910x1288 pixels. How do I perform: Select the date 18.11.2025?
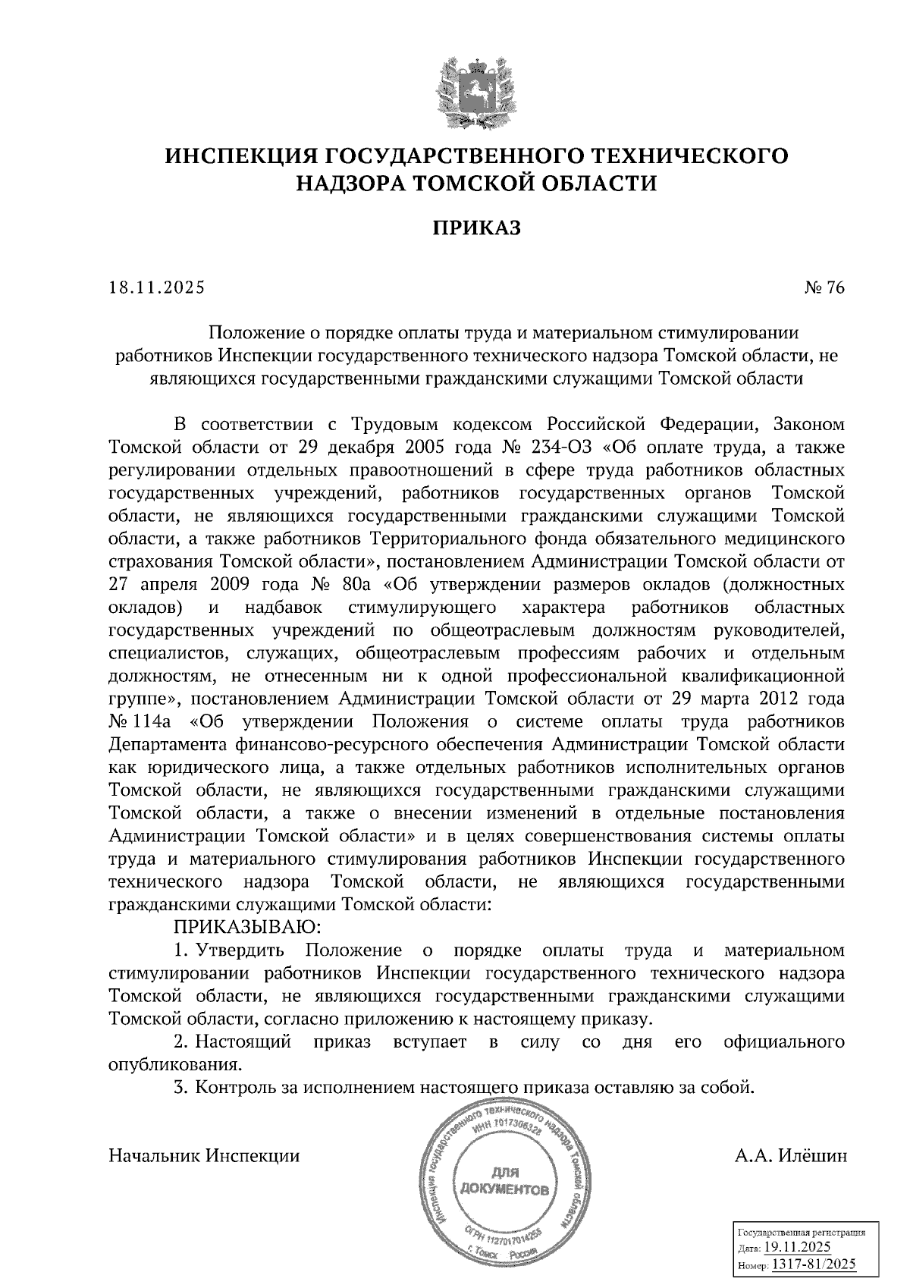tap(156, 287)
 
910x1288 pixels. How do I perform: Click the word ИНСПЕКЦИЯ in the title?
tap(240, 156)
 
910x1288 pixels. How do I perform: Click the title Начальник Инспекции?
tap(205, 1156)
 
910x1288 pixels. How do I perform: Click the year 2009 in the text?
tap(222, 585)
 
